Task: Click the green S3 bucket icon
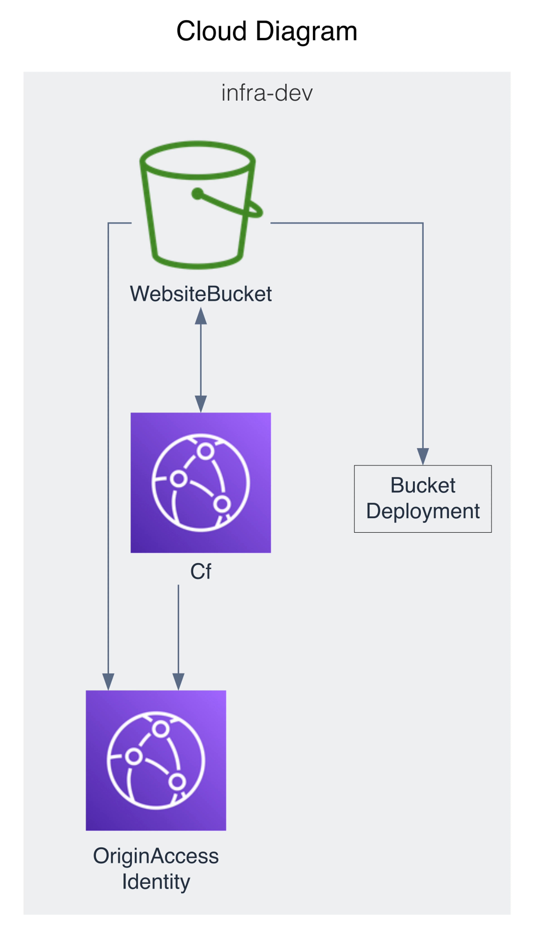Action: [198, 205]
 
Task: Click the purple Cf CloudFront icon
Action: [201, 483]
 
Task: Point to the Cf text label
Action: [201, 571]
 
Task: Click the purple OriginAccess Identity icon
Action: [156, 761]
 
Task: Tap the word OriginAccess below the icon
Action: [156, 856]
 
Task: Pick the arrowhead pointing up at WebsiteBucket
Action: [201, 316]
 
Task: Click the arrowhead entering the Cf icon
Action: [201, 404]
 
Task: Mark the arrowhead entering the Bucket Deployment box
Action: [423, 456]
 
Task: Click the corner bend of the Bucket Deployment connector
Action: [423, 223]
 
